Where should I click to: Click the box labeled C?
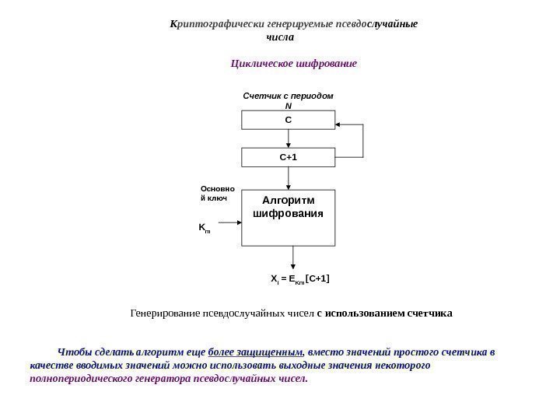288,120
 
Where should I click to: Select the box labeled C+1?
288,158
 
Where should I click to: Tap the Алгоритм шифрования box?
288,217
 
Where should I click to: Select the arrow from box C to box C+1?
289,139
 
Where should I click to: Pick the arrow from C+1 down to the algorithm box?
289,178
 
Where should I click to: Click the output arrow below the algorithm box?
293,257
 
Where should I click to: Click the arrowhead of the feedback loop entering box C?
339,124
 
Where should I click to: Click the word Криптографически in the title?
208,23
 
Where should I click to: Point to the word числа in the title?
280,37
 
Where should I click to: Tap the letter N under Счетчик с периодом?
288,106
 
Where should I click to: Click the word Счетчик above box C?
261,96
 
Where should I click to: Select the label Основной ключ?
214,194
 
